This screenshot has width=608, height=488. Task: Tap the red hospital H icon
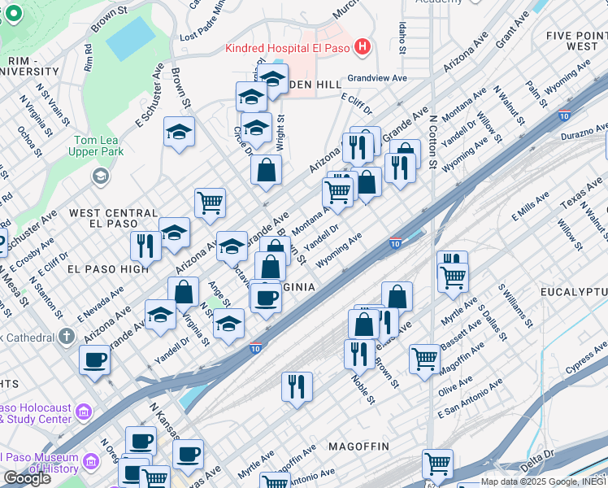click(x=363, y=48)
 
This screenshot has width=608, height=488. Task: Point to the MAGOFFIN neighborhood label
click(x=358, y=447)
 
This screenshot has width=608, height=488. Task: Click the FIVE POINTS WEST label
click(x=576, y=41)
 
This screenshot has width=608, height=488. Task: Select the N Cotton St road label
click(x=433, y=142)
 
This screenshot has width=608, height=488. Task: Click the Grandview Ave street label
click(x=376, y=79)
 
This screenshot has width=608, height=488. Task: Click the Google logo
click(x=27, y=478)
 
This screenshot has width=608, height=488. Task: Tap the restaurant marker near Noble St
click(x=358, y=353)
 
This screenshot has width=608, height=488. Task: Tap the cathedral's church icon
click(x=67, y=336)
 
